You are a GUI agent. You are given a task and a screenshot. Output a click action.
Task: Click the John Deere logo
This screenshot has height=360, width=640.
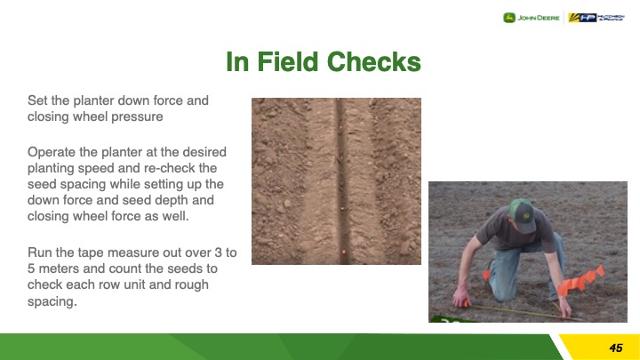click(x=531, y=18)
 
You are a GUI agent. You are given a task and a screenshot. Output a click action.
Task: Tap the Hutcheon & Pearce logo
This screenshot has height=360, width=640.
click(x=596, y=18)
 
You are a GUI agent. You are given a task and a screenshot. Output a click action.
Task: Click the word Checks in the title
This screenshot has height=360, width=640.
click(x=374, y=61)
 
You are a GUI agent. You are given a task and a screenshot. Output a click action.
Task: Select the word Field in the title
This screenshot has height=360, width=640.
click(x=288, y=61)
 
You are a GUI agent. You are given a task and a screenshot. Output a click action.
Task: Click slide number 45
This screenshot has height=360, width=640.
click(x=615, y=348)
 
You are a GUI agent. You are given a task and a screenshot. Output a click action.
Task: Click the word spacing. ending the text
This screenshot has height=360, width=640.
click(x=52, y=301)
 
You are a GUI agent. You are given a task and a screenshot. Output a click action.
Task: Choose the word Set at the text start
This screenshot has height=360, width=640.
click(x=36, y=100)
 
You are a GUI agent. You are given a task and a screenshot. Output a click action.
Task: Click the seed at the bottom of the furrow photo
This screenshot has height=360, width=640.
click(x=344, y=252)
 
